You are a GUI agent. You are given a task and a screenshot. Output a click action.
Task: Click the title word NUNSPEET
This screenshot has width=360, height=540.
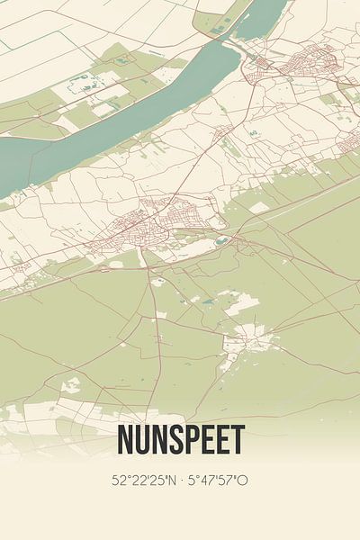(180, 441)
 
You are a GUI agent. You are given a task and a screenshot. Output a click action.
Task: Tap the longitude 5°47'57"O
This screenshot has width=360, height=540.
(218, 481)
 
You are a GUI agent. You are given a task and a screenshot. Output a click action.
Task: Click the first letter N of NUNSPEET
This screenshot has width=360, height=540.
(124, 441)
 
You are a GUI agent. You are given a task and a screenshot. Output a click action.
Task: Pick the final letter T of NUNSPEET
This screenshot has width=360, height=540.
(238, 441)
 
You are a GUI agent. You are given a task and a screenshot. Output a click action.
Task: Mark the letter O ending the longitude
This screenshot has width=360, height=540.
(243, 481)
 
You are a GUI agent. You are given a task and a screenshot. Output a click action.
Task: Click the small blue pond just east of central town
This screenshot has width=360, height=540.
(221, 240)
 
